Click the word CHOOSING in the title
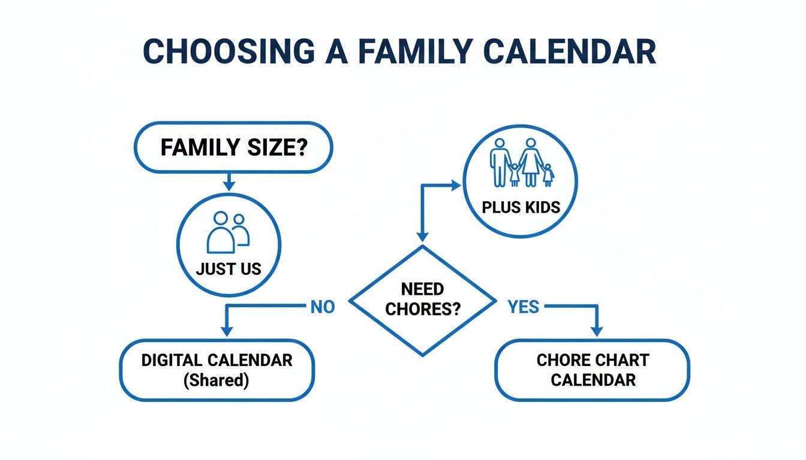[227, 52]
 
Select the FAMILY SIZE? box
[233, 147]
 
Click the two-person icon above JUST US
[228, 232]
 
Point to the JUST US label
[228, 269]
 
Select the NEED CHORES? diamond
[423, 299]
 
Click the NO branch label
[322, 307]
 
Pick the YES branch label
[523, 307]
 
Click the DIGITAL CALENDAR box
[216, 370]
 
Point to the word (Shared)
[216, 380]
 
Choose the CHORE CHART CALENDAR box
[592, 370]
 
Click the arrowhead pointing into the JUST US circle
[228, 186]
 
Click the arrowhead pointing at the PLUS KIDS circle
[455, 186]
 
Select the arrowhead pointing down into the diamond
[423, 237]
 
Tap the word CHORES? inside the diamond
[423, 309]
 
